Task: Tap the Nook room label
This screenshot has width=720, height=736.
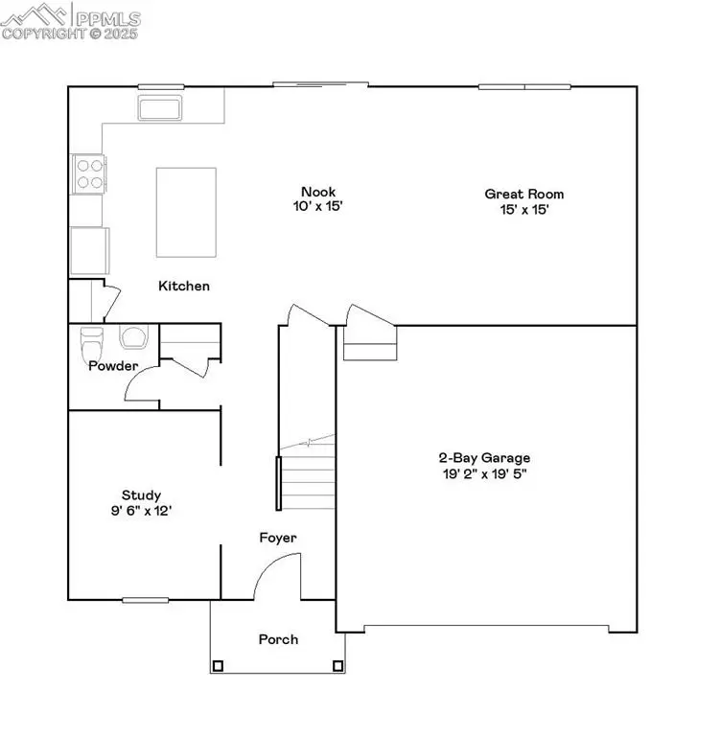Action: coord(317,191)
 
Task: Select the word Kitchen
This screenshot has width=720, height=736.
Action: coord(184,286)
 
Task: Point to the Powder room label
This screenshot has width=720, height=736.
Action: coord(113,366)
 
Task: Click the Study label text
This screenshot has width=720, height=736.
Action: coord(141,495)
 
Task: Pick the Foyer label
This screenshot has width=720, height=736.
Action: coord(278,538)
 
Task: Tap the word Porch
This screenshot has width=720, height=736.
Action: coord(278,639)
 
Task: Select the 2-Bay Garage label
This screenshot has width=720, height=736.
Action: coord(484,458)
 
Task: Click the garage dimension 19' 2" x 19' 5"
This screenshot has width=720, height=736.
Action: coord(484,472)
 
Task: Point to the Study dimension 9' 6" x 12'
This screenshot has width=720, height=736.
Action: coord(141,511)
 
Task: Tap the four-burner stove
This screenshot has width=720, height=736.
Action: coord(88,173)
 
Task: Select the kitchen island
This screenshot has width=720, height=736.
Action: coord(186,212)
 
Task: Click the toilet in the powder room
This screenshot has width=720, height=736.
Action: coord(92,341)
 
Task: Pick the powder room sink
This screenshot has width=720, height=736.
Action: coord(133,337)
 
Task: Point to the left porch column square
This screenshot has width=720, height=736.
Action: coord(219,666)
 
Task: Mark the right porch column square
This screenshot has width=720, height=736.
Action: coord(337,666)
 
